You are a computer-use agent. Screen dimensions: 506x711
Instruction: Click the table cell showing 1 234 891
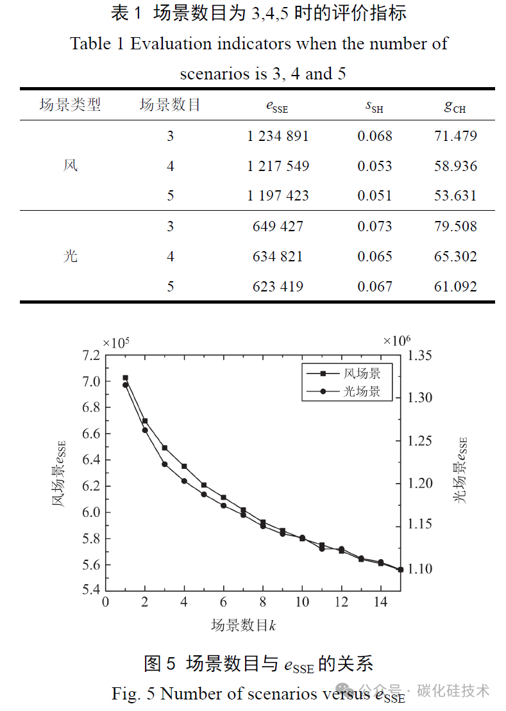(x=278, y=136)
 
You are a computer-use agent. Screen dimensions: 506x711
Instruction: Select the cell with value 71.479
(x=455, y=136)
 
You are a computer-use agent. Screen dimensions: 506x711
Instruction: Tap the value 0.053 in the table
(x=375, y=166)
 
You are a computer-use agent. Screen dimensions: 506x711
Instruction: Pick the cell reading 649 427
(x=278, y=226)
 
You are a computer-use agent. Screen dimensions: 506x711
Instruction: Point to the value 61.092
(x=455, y=286)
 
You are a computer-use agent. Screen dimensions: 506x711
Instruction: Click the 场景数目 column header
(x=170, y=105)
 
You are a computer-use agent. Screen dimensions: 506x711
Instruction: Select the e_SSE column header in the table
(x=277, y=106)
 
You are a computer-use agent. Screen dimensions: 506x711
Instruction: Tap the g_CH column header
(x=455, y=106)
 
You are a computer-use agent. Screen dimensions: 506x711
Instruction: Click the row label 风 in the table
(x=71, y=165)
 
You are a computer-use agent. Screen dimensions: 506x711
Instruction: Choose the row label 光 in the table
(x=71, y=256)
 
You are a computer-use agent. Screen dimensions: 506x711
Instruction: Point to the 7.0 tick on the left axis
(x=91, y=381)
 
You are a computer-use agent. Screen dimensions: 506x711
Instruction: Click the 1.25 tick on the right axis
(x=420, y=441)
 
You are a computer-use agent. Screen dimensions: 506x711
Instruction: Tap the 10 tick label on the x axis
(x=302, y=602)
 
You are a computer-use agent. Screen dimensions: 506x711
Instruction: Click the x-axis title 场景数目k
(x=244, y=625)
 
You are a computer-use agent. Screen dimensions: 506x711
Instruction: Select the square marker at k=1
(x=126, y=378)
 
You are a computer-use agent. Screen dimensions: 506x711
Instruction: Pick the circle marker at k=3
(x=165, y=464)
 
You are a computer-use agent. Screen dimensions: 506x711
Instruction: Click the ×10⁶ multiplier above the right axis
(x=396, y=341)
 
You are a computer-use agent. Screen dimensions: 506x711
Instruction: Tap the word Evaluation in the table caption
(x=170, y=44)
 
